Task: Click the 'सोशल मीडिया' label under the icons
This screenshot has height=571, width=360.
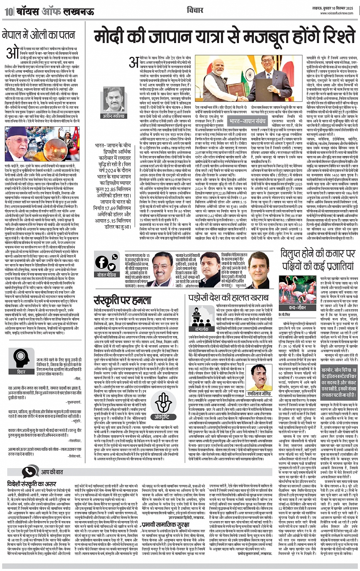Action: (107, 274)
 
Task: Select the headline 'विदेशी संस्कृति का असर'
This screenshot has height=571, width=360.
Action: (32, 484)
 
